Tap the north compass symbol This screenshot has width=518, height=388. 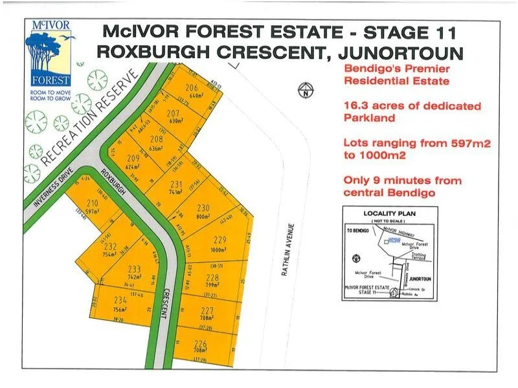[x=304, y=90]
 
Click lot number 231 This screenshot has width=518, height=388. [x=175, y=184]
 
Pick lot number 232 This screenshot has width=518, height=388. [x=110, y=246]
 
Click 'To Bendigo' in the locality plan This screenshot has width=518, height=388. [x=357, y=230]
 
